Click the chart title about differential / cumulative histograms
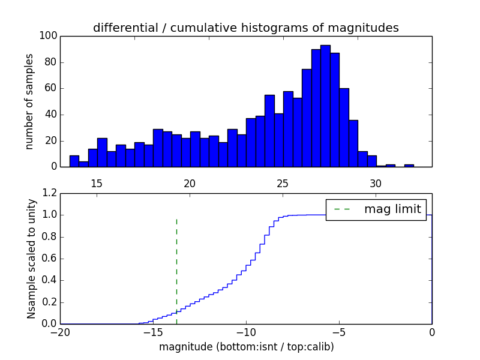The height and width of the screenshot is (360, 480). [x=246, y=28]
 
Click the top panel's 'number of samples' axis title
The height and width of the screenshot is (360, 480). [x=29, y=101]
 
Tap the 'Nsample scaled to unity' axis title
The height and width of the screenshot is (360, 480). [x=31, y=258]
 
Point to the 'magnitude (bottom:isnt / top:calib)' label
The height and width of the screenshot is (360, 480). [x=246, y=347]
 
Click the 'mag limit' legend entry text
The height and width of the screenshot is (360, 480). [x=392, y=209]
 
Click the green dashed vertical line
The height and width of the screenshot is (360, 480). [x=176, y=264]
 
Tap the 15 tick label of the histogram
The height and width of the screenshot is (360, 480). [x=97, y=183]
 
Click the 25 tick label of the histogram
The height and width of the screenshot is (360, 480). [x=283, y=183]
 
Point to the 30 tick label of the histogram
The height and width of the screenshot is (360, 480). [x=376, y=183]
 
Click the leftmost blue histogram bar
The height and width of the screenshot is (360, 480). [x=74, y=161]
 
